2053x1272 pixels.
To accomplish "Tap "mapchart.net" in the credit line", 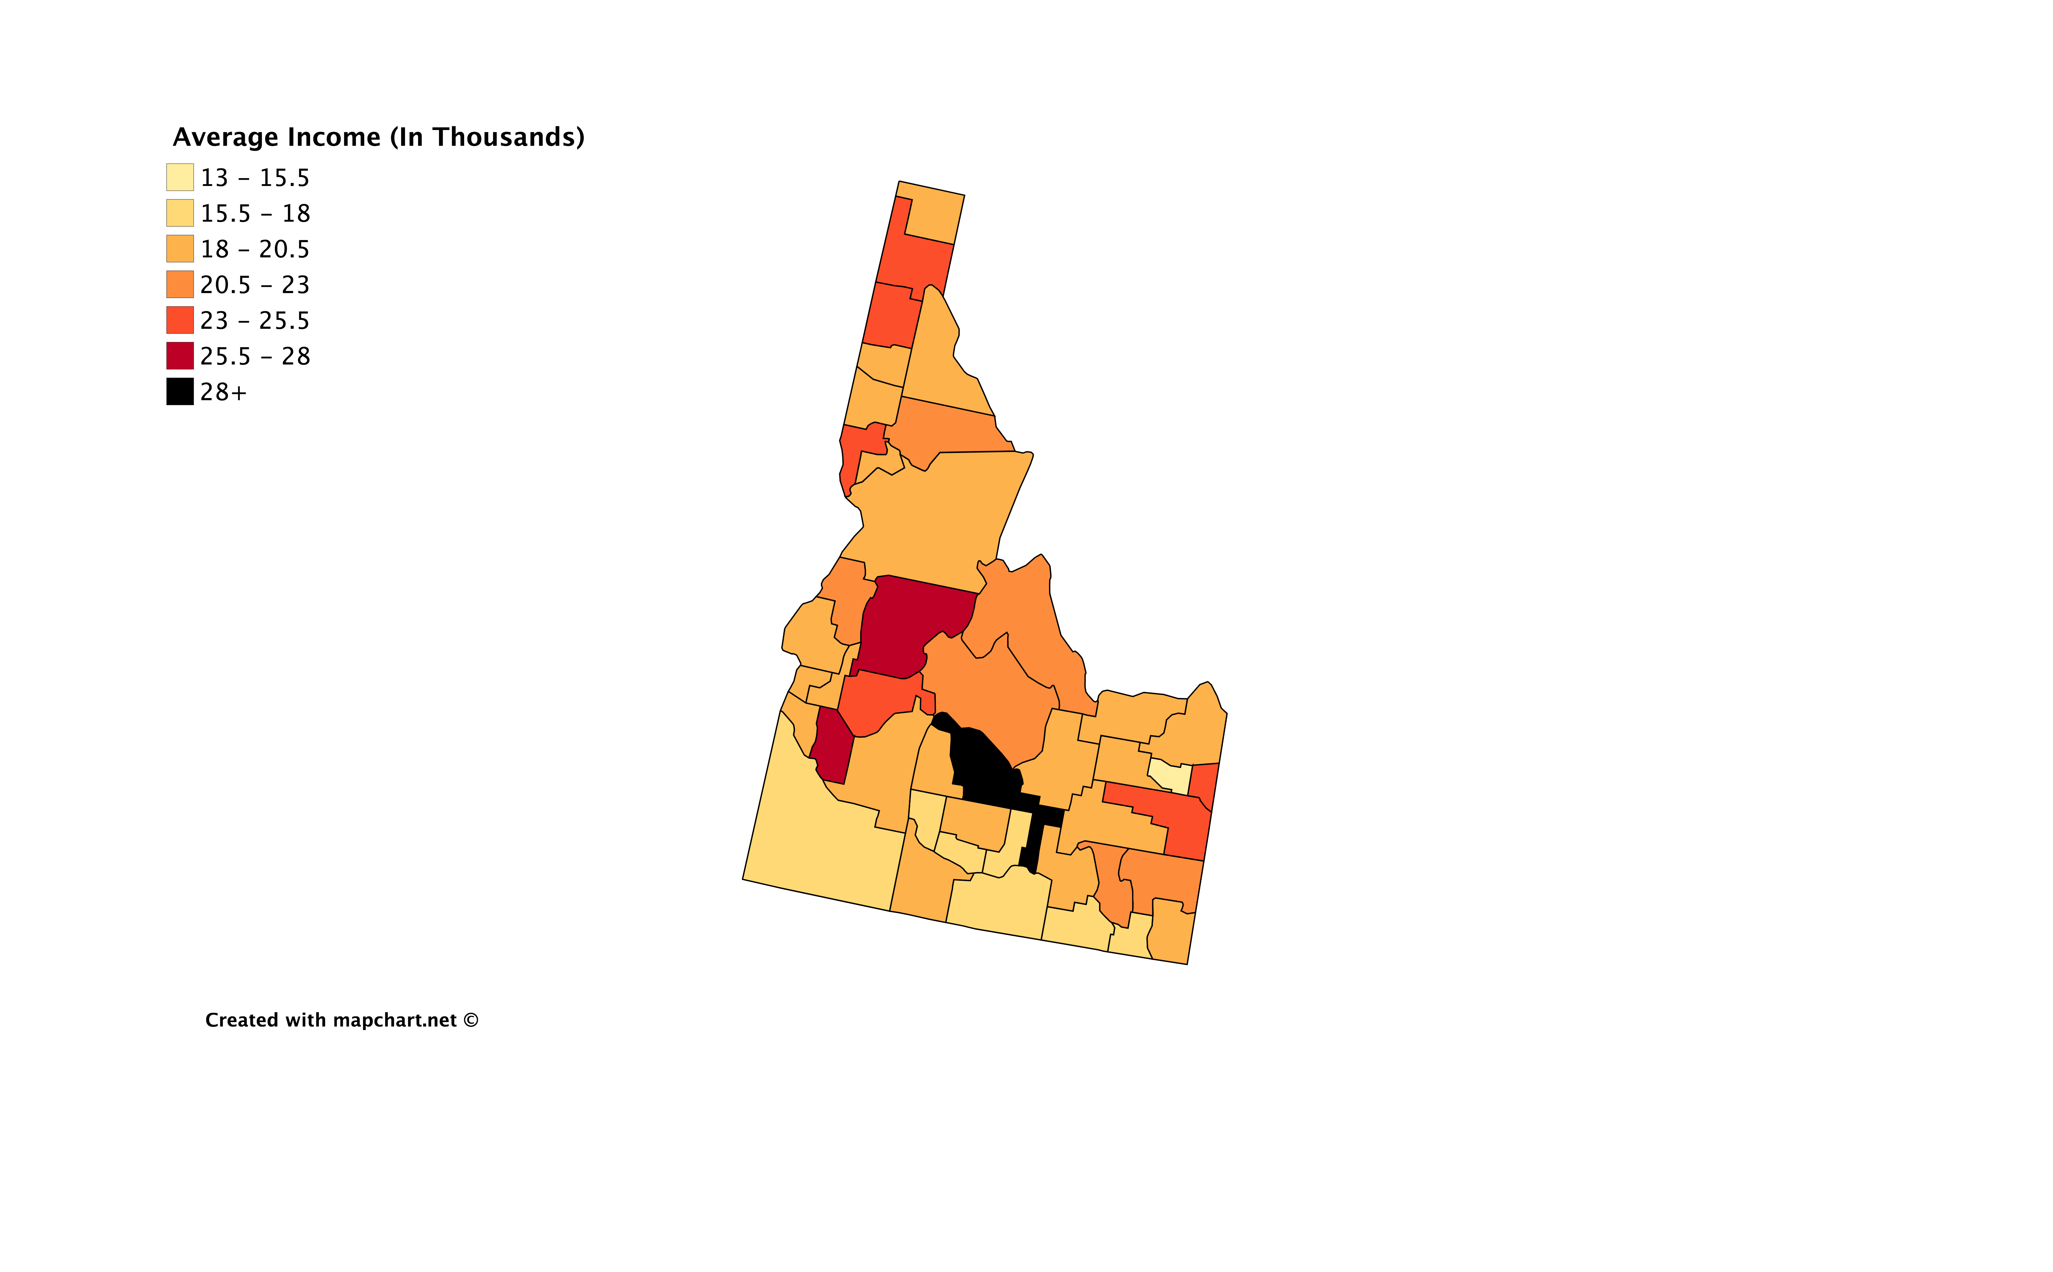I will [395, 1021].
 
